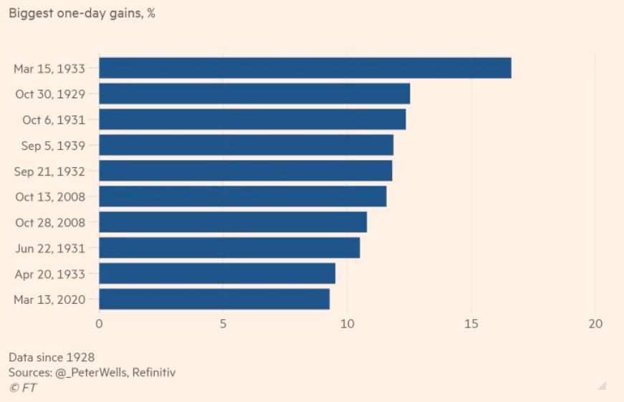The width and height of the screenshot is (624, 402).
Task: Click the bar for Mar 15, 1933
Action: pos(304,68)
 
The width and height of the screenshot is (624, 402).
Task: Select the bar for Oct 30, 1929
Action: pos(254,94)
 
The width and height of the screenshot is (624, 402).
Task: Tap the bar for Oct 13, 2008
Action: pos(242,196)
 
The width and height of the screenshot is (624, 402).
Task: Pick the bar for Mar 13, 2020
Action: pos(213,299)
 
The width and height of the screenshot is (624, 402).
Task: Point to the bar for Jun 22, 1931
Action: pos(229,248)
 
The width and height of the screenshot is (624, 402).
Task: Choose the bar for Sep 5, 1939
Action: pos(246,145)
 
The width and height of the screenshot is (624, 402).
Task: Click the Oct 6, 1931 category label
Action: pos(54,120)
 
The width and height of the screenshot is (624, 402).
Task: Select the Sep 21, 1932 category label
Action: pos(50,171)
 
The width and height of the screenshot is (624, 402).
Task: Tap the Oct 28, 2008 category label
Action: pos(50,222)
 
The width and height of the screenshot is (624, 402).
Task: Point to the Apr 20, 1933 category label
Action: pos(50,274)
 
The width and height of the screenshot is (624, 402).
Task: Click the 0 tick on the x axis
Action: pos(99,324)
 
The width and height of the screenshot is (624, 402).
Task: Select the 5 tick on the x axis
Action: pos(223,324)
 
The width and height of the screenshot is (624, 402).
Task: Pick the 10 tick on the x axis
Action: pos(347,324)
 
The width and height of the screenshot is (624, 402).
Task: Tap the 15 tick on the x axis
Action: pos(471,324)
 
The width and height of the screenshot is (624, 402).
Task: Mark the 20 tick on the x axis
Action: pos(595,324)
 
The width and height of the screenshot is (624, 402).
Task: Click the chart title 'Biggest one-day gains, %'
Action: pos(82,14)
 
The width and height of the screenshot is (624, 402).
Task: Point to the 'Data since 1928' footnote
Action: pos(52,357)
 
